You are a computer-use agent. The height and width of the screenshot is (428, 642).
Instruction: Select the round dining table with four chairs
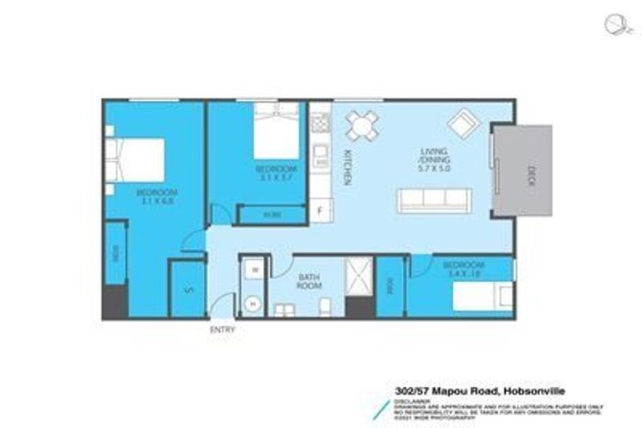[x=362, y=126]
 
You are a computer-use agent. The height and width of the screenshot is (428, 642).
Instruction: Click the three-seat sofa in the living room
[x=434, y=199]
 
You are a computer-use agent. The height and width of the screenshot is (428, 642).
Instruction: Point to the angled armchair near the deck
[x=463, y=125]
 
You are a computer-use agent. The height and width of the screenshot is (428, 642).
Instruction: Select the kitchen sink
[x=321, y=155]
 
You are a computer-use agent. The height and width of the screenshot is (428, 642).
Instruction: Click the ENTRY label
[x=222, y=329]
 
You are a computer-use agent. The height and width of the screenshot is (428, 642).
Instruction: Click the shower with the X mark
[x=359, y=275]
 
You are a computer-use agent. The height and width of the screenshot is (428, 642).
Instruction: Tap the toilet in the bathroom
[x=324, y=308]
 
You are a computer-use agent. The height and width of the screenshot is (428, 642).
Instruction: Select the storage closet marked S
[x=188, y=289]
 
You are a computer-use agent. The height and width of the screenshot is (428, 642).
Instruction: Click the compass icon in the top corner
[x=614, y=24]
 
